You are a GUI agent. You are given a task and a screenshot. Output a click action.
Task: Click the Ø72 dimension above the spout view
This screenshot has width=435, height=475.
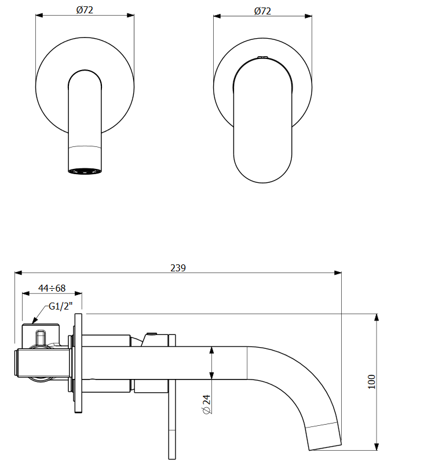[85, 10]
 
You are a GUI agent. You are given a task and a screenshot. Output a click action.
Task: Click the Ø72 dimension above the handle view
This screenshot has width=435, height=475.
[262, 11]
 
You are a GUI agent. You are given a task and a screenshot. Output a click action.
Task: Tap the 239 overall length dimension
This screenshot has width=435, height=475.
[178, 268]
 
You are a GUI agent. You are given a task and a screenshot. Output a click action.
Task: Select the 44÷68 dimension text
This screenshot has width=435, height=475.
[52, 288]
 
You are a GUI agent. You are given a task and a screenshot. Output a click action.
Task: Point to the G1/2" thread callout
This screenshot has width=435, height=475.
[61, 306]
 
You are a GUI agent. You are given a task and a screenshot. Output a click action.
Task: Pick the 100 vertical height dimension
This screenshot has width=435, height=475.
[372, 382]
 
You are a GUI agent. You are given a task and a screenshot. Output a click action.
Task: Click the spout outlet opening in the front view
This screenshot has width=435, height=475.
[85, 171]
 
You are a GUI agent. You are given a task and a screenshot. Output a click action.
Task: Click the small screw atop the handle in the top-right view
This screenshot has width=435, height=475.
[263, 57]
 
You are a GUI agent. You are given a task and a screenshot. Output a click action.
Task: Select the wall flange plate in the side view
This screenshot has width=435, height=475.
[78, 363]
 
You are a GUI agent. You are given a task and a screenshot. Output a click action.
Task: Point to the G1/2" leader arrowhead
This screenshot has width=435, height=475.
[34, 320]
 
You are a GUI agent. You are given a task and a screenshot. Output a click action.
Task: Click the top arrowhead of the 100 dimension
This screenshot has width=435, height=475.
[376, 317]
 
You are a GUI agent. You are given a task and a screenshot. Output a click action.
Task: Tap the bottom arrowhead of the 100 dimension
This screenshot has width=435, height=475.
[376, 447]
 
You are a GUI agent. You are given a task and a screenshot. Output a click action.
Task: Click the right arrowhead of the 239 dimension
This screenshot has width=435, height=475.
[338, 273]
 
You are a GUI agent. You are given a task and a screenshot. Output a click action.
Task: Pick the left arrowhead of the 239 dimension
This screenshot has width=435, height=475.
[19, 273]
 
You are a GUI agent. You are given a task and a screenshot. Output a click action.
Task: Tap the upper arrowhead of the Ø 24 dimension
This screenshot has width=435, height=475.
[211, 351]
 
